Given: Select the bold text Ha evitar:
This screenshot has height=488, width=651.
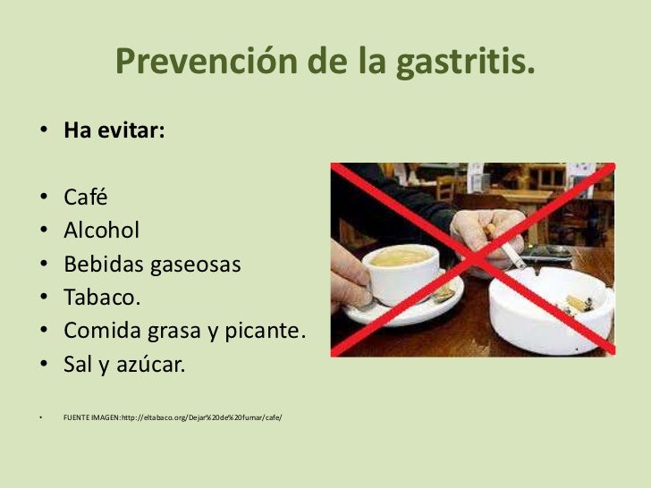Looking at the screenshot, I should click(114, 130).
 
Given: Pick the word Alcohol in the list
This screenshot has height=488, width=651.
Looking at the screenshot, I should click(101, 231).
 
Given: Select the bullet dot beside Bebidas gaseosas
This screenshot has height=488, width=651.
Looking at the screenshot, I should click(42, 264).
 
